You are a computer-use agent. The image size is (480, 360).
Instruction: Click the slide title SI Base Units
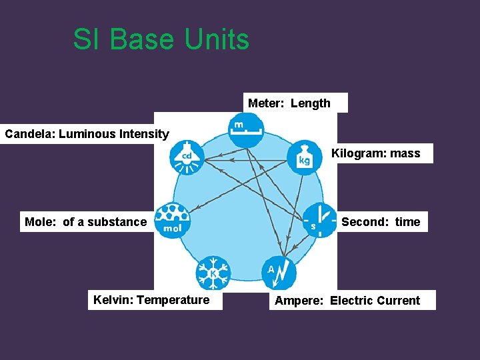click(x=161, y=39)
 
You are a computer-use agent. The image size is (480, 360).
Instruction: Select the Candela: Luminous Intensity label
click(x=87, y=134)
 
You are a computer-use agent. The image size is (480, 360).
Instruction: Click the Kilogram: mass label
click(x=376, y=153)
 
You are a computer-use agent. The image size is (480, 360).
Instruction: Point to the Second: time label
click(x=381, y=222)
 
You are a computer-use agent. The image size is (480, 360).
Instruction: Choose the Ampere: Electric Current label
click(x=347, y=301)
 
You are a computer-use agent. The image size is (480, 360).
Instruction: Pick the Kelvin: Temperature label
click(x=151, y=300)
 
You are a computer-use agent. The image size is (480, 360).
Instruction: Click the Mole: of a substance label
click(x=85, y=222)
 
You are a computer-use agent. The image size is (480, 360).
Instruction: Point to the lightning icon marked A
click(x=279, y=272)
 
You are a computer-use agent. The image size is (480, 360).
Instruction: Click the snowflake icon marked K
click(x=213, y=273)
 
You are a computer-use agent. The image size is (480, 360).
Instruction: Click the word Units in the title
click(x=217, y=39)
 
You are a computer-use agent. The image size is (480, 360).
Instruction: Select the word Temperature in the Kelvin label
click(x=173, y=300)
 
